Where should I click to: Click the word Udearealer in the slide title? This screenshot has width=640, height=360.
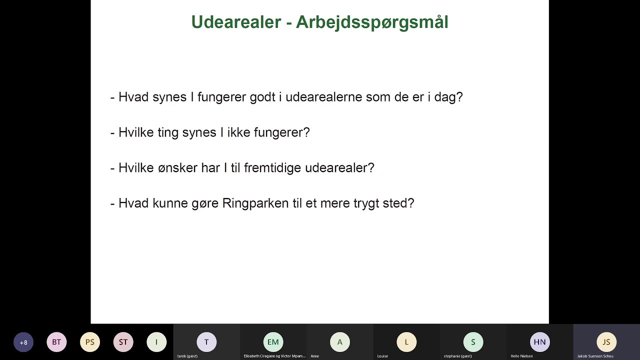tap(236, 22)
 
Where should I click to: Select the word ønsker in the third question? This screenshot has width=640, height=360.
tap(177, 168)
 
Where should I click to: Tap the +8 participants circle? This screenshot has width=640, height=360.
tap(23, 342)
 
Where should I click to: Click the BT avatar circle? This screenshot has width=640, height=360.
tap(56, 342)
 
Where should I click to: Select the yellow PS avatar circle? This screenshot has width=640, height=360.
tap(90, 342)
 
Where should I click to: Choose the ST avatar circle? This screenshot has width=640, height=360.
tap(123, 342)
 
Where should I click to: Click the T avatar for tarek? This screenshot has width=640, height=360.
tap(206, 342)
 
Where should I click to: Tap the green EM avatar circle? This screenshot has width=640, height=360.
tap(273, 342)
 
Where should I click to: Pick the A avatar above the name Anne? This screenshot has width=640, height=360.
tap(340, 342)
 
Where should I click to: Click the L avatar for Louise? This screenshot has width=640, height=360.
tap(406, 342)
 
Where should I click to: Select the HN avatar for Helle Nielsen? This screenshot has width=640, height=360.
tap(539, 342)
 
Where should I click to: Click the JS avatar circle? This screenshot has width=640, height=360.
tap(606, 342)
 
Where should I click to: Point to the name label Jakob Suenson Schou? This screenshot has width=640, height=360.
tap(595, 356)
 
